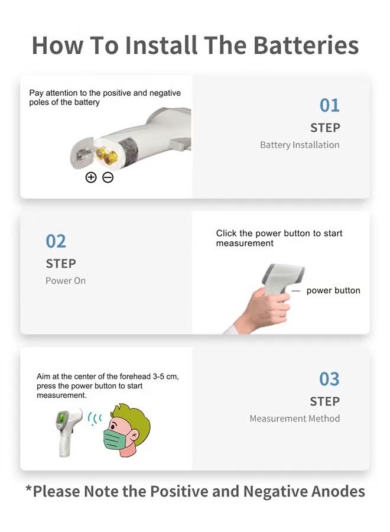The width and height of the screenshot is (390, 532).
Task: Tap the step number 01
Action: [x=329, y=105]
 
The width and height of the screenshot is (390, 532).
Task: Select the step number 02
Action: [x=56, y=241]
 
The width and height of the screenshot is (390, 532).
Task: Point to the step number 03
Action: [x=329, y=379]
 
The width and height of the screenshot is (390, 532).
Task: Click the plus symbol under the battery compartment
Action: [x=91, y=177]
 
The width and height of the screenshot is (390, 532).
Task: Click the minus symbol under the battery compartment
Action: [x=108, y=177]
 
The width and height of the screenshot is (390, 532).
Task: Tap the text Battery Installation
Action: [x=300, y=145]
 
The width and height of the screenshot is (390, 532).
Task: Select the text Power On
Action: [x=66, y=281]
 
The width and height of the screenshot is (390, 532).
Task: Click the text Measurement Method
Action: [x=294, y=419]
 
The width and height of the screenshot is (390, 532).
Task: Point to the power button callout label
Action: [x=333, y=291]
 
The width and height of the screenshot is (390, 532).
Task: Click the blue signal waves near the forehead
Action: [x=95, y=419]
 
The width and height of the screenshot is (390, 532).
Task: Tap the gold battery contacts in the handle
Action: [x=106, y=155]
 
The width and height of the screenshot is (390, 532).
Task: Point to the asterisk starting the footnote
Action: [x=28, y=489]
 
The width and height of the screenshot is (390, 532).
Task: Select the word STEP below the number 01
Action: [x=325, y=128]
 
